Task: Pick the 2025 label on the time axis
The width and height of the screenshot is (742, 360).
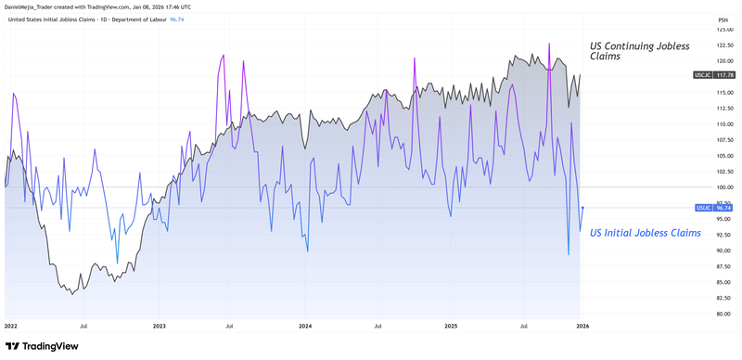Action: (451, 327)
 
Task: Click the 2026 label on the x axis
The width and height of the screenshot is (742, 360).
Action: (582, 327)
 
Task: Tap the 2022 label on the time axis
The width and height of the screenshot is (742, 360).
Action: (11, 327)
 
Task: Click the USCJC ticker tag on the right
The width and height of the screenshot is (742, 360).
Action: (701, 74)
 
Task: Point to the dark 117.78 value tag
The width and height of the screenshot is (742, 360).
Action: (723, 74)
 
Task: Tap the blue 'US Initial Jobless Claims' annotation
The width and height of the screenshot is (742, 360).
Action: (646, 233)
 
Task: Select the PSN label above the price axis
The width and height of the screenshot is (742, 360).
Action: (723, 19)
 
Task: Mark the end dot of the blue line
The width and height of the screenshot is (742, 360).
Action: (582, 208)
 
